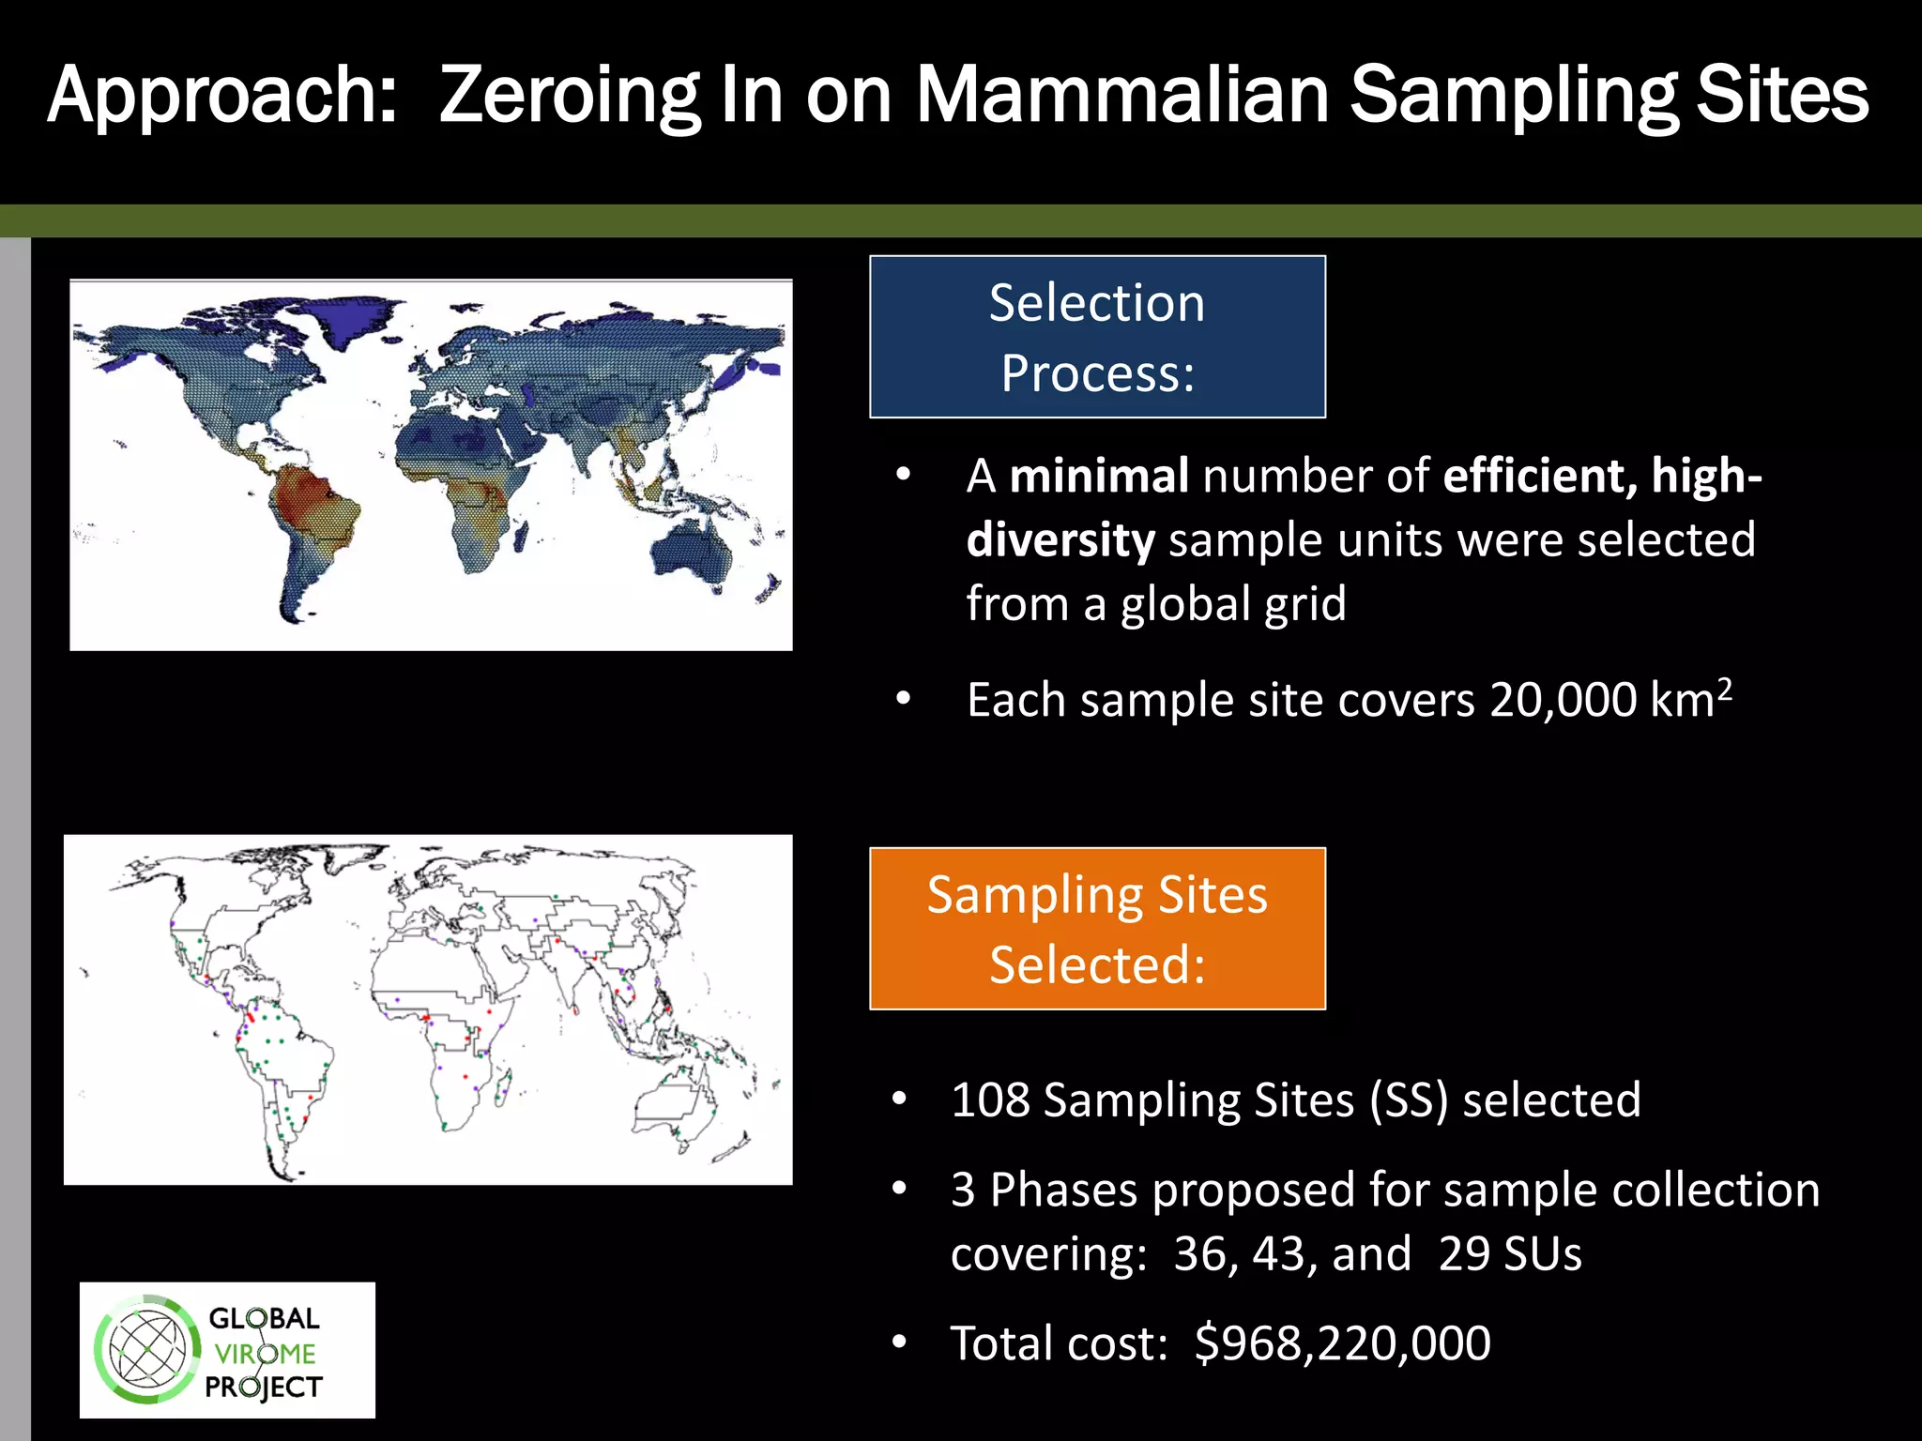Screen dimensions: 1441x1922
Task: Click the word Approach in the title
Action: coord(221,96)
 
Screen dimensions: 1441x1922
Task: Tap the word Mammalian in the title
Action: coord(1122,96)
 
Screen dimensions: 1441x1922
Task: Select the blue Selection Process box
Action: coord(1097,337)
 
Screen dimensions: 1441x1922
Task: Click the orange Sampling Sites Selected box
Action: coord(1097,929)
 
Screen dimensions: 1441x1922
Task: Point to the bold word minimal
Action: coord(1099,476)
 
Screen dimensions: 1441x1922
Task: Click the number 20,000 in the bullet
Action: coord(1563,701)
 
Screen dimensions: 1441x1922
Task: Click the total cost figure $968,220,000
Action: coord(1342,1342)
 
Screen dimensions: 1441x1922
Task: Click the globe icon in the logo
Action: coord(147,1350)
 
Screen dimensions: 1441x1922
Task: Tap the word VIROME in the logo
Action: coord(265,1354)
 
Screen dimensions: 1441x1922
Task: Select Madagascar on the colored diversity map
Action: coord(519,537)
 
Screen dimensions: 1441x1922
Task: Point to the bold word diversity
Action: coord(1060,540)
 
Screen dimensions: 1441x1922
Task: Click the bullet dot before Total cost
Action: coord(899,1342)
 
